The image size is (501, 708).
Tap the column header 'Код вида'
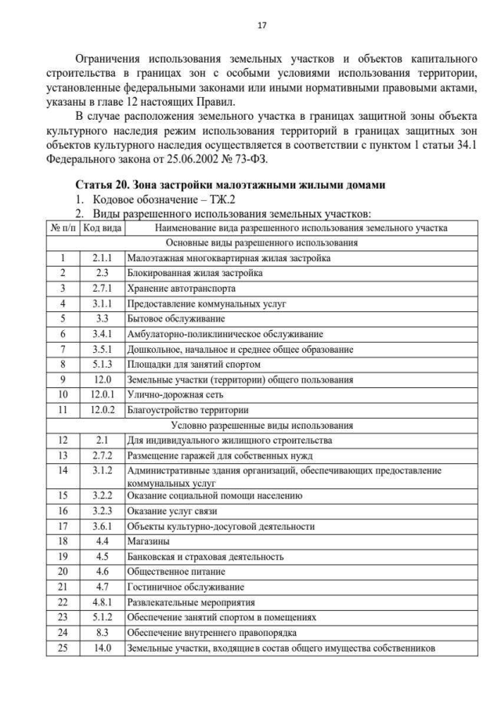point(102,228)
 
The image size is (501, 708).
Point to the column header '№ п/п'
point(62,228)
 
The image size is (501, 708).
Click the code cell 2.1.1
point(102,258)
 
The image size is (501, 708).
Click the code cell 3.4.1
point(102,334)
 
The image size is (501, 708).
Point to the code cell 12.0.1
point(102,395)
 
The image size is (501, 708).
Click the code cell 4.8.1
point(102,602)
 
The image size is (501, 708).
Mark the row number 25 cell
point(62,648)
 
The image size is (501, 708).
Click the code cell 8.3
point(102,633)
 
